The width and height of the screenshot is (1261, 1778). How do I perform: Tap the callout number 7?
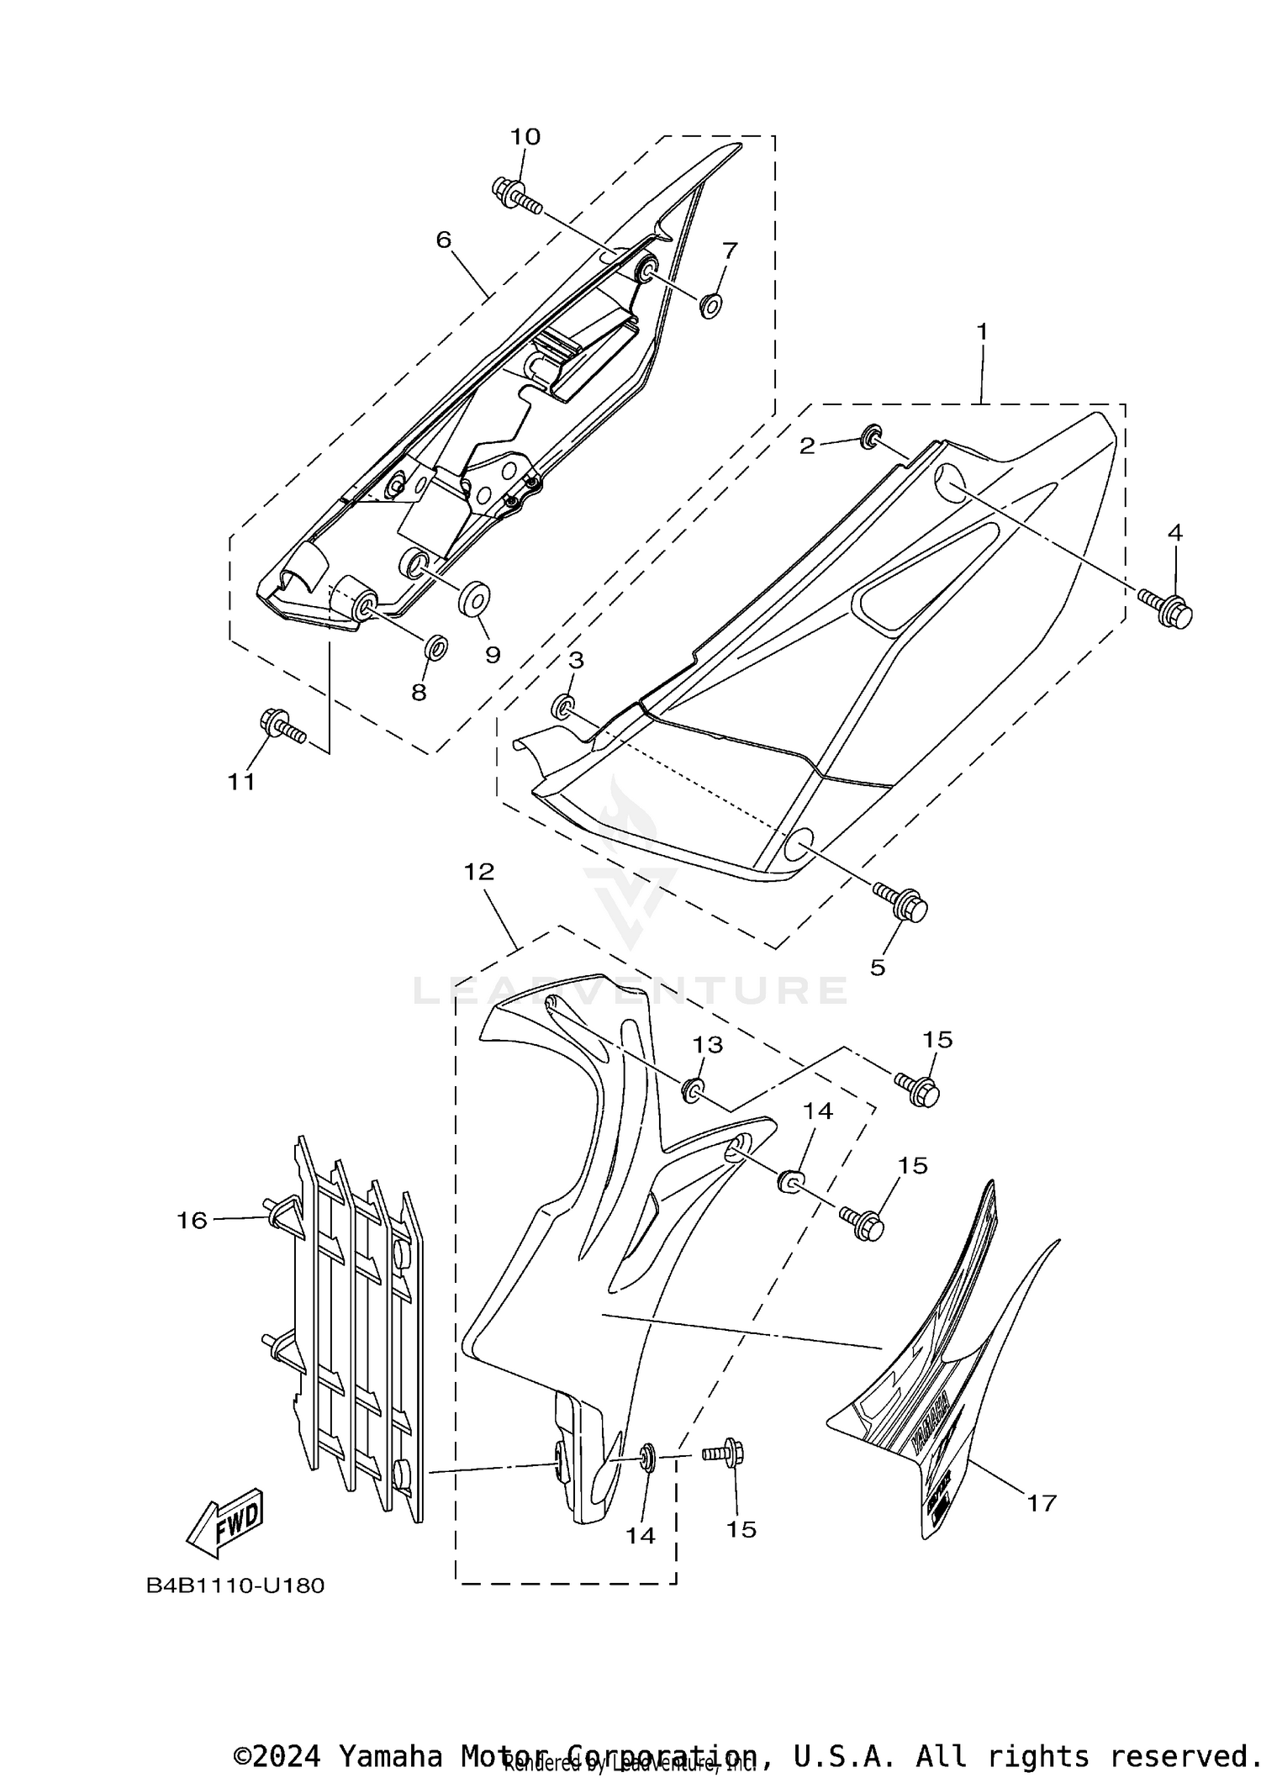[x=730, y=250]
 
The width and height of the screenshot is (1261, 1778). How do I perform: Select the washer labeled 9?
[x=475, y=598]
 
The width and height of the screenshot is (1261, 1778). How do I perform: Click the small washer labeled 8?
[x=435, y=647]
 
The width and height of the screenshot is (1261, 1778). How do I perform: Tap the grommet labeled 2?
[x=870, y=435]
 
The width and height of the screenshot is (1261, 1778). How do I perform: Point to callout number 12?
[x=479, y=872]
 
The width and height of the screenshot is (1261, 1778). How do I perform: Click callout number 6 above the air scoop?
[x=443, y=240]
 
